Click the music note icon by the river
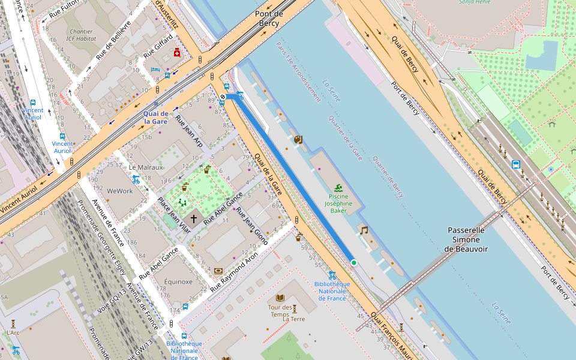[364, 230]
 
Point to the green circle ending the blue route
[354, 263]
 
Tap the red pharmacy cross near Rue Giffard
[177, 53]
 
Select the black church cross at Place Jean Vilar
[193, 220]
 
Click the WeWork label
[119, 191]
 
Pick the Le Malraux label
[146, 167]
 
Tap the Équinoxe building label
[178, 281]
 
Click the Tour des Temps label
[278, 311]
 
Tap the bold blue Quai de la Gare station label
[155, 117]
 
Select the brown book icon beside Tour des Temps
[280, 298]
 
